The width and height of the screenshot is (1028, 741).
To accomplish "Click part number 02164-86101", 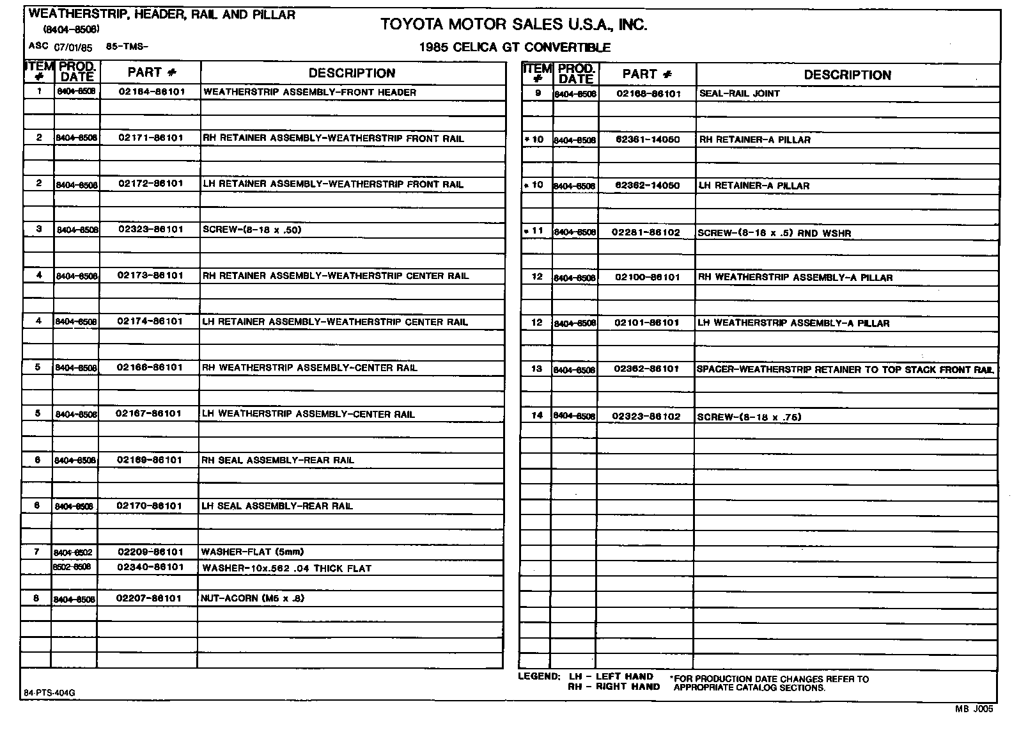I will coord(152,92).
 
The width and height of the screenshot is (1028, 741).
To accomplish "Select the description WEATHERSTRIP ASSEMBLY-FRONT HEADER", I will coord(309,92).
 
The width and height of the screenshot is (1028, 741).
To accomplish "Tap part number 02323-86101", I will coord(151,229).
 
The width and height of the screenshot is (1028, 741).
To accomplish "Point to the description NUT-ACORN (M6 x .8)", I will coord(253,598).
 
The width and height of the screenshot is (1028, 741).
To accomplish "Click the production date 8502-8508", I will coord(72,567).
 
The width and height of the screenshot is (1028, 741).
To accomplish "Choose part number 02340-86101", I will coord(150,567).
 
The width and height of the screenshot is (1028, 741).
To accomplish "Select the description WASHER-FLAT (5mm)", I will coord(253,552).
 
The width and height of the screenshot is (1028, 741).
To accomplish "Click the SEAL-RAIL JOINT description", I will coord(740,93).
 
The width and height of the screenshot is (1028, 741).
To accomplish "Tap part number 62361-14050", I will coord(647,139).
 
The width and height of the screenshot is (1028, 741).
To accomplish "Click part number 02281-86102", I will coord(646,232).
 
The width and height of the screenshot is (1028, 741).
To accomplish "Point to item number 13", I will coord(537,369).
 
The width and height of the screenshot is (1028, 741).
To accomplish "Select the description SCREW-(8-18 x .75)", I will coord(749,417).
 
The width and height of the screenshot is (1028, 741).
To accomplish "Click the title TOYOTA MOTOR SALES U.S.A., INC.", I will coord(513,25).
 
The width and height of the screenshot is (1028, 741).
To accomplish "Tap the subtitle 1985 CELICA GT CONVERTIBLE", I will coord(515,47).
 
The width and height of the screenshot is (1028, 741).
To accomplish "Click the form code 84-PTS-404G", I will coord(44,693).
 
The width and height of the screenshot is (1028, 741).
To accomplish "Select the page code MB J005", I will coord(975,708).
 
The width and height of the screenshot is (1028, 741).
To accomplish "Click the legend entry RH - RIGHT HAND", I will coord(614,687).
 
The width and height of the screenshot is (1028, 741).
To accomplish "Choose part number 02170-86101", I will coord(150,506).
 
